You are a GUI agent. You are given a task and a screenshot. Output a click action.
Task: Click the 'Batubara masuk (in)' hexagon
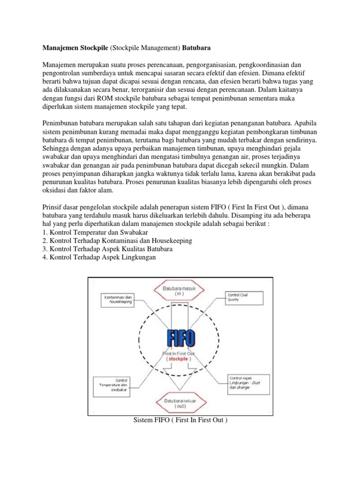(178, 290)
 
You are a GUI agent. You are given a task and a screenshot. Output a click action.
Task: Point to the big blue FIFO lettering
(178, 338)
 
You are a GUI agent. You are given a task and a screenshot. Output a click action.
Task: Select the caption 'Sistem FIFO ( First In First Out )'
(180, 419)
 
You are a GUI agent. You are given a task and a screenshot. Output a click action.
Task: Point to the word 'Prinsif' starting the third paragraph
(53, 207)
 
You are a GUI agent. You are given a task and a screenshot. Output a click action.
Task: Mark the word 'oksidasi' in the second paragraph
(55, 191)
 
